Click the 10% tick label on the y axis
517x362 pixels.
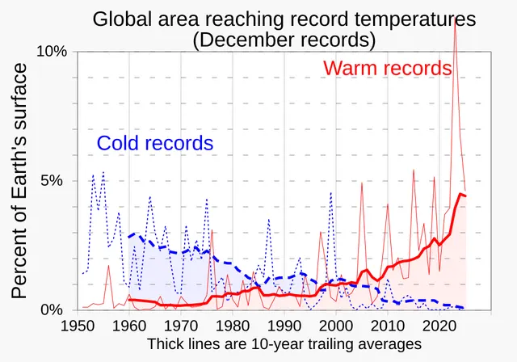tap(52, 52)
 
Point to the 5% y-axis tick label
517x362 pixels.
tap(52, 181)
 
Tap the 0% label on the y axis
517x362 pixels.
tap(52, 310)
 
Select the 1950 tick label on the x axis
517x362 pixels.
tap(78, 326)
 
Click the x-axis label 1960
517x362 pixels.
tap(129, 326)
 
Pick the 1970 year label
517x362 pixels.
tap(181, 326)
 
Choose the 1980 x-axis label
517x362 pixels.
tap(233, 326)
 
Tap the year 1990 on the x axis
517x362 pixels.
tap(284, 326)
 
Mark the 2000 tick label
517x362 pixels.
tap(336, 326)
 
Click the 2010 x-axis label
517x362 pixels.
tap(388, 326)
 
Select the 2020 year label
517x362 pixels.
tap(439, 326)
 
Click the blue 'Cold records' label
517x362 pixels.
tap(155, 143)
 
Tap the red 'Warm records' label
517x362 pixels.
tap(387, 68)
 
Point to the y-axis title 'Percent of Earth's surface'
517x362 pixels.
tap(19, 181)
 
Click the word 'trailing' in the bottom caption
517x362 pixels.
tap(329, 344)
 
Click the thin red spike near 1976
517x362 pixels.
tap(212, 230)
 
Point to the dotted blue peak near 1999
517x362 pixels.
tap(330, 192)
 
